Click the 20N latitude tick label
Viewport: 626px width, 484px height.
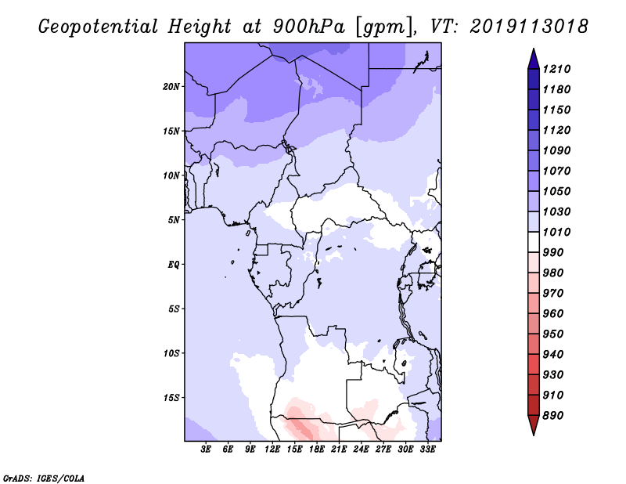[x=171, y=86]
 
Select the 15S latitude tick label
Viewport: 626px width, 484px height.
[x=171, y=397]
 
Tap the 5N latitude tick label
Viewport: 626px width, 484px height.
[x=174, y=219]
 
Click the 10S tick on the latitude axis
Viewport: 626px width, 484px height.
[x=171, y=352]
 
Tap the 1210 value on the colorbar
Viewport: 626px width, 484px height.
[x=558, y=69]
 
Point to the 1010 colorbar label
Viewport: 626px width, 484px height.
[x=558, y=232]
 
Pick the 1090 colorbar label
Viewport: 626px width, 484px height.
[x=558, y=150]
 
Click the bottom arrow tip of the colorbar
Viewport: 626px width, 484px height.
[x=532, y=433]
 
